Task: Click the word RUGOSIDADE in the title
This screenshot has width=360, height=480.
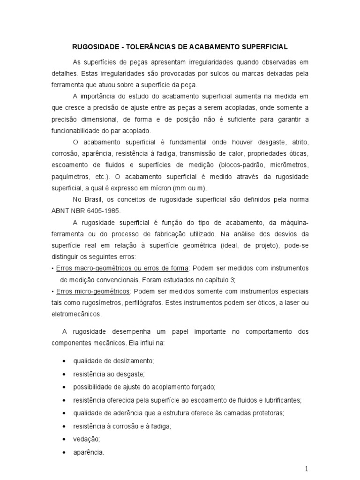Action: (93, 47)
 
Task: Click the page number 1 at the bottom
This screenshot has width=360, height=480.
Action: (306, 469)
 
